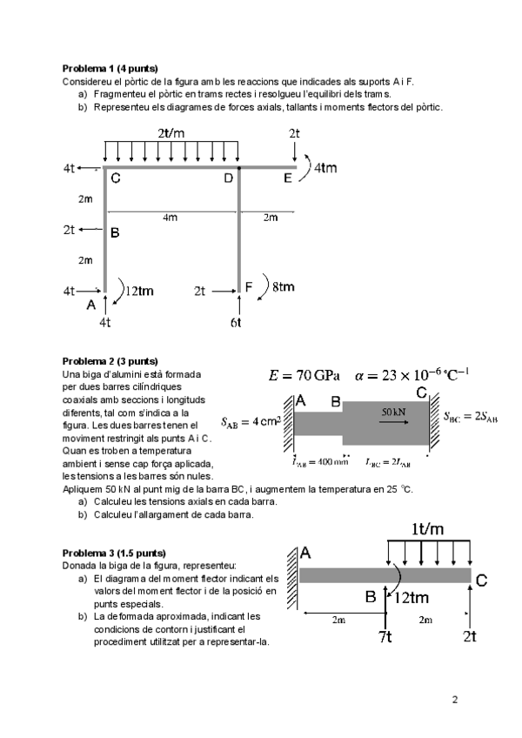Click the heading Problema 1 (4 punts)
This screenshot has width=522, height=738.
(x=110, y=68)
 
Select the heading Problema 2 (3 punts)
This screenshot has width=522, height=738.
(x=110, y=360)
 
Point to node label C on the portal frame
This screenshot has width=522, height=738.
(x=115, y=179)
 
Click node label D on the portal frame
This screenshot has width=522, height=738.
(x=228, y=179)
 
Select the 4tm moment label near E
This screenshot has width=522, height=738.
(x=325, y=168)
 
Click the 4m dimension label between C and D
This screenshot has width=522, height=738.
(x=171, y=218)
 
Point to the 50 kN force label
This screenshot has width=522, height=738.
(x=396, y=409)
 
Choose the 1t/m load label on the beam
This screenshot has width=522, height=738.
(x=427, y=528)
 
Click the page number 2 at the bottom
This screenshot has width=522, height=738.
(x=454, y=699)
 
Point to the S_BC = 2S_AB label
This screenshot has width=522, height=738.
(x=471, y=416)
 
